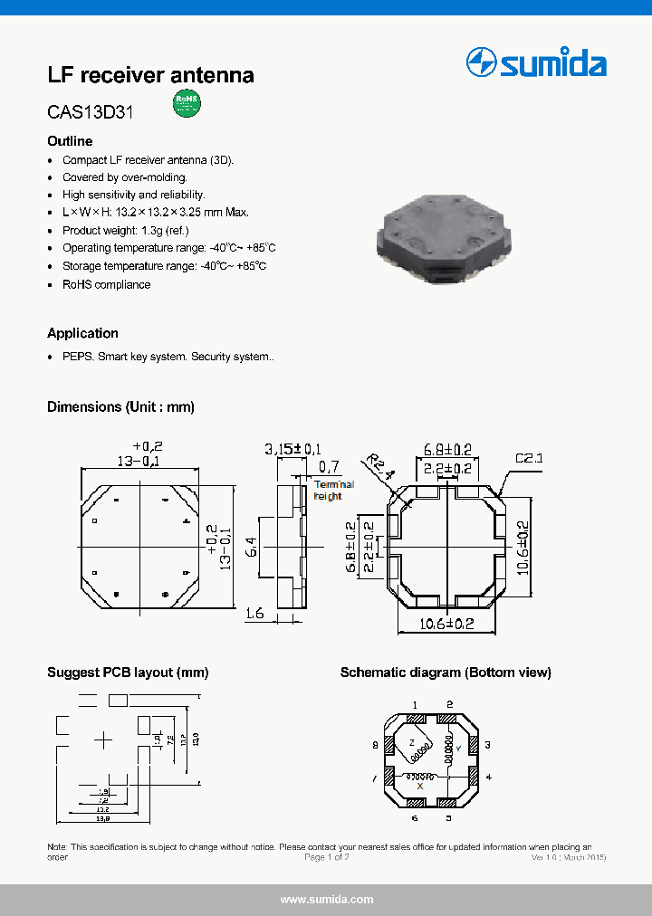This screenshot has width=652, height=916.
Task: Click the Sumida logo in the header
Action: [535, 63]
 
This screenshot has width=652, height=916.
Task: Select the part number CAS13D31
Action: [91, 114]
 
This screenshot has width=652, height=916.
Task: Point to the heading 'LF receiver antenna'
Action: [150, 75]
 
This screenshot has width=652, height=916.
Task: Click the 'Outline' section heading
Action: [70, 141]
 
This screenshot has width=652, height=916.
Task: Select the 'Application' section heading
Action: [82, 333]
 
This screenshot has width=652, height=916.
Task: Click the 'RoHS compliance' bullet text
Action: [106, 284]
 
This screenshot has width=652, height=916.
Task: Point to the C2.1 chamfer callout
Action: [529, 459]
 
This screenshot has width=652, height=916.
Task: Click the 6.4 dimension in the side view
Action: [253, 546]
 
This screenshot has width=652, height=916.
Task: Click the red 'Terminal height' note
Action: [333, 491]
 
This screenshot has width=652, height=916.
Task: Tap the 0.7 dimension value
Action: [330, 467]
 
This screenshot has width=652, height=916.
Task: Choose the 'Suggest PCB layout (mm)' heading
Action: [128, 673]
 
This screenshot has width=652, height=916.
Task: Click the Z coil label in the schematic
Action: [411, 739]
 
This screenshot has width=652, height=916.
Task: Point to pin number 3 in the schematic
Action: [487, 745]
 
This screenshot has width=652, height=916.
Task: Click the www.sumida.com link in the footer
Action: [327, 900]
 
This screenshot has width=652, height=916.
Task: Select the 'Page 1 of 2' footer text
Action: [327, 857]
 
